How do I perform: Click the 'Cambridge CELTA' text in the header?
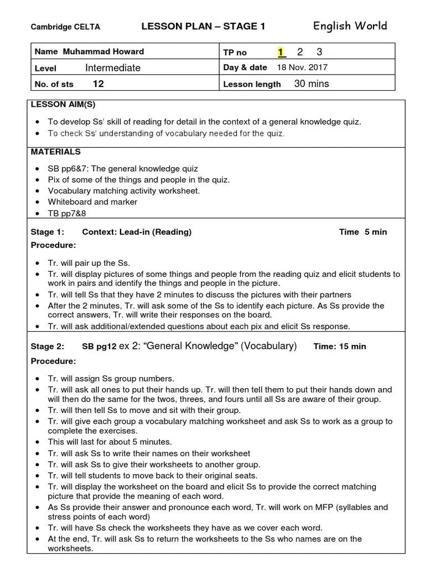tap(65, 27)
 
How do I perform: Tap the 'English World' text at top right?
tap(350, 26)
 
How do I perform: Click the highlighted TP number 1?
tap(281, 52)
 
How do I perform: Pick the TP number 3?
tap(319, 52)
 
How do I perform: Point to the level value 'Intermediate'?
tap(113, 68)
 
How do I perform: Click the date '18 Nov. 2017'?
tap(302, 68)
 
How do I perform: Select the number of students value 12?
tap(98, 84)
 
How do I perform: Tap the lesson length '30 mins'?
tap(312, 84)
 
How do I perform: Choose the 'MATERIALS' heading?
tap(55, 152)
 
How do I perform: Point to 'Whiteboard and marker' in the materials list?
tap(92, 202)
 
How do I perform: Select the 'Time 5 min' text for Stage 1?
tap(362, 232)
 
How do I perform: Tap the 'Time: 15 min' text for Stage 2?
tap(339, 347)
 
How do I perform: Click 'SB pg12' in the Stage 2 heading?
tap(99, 347)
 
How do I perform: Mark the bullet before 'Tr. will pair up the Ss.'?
tap(37, 264)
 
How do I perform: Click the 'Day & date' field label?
tap(245, 68)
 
